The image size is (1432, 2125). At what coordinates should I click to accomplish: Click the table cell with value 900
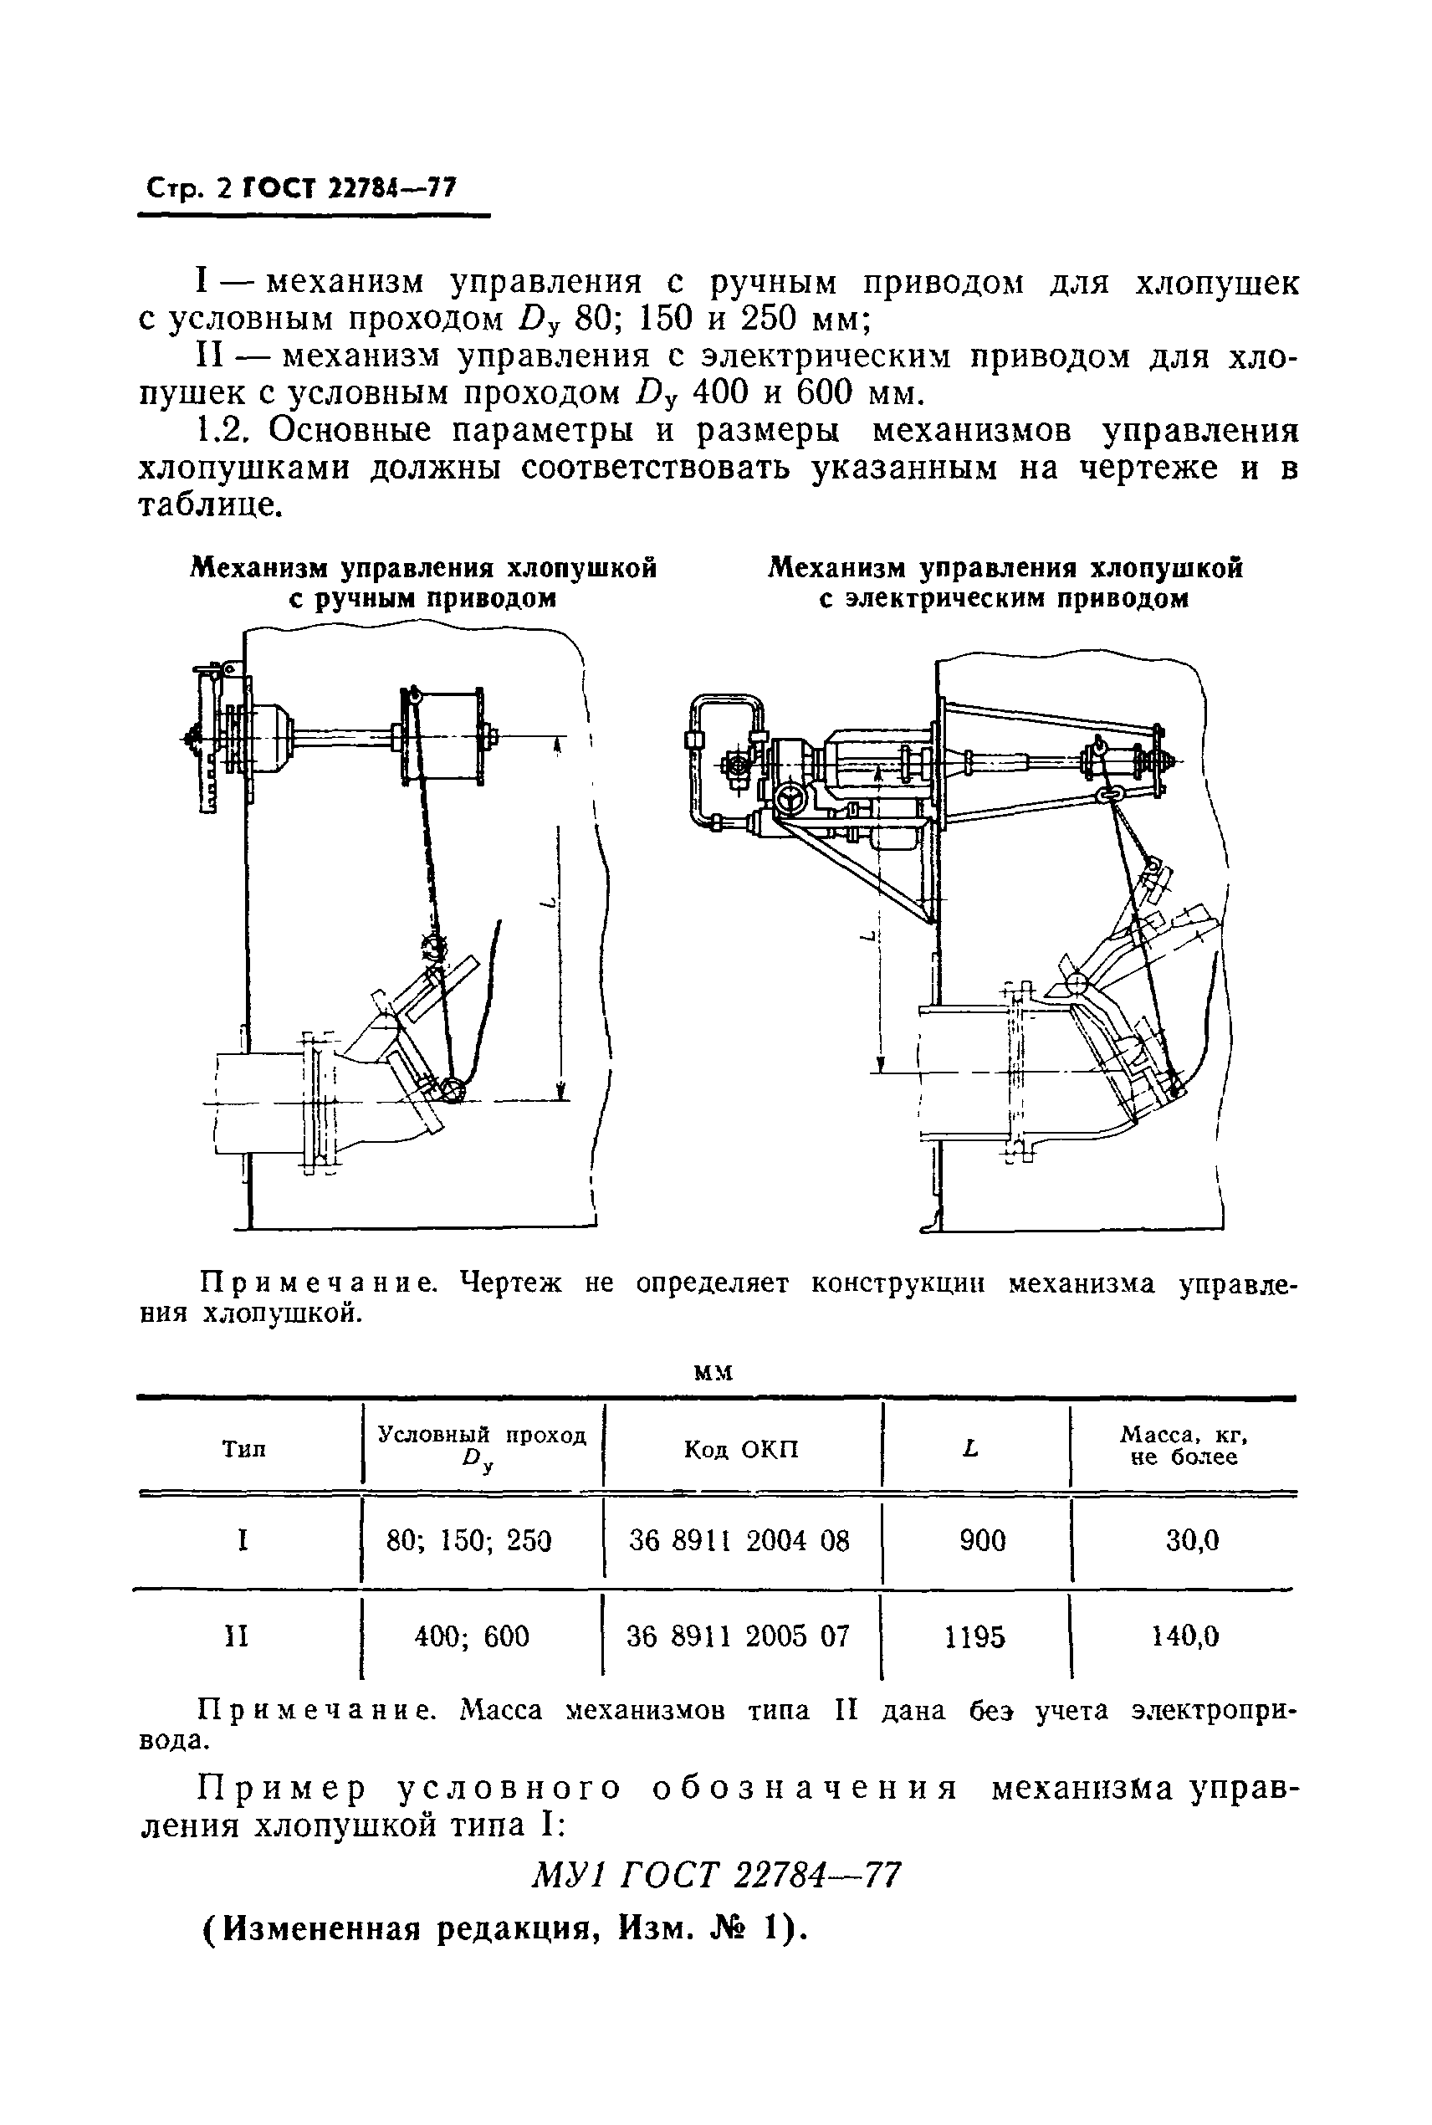pyautogui.click(x=982, y=1542)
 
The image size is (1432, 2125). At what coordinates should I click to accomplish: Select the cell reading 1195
pyautogui.click(x=975, y=1636)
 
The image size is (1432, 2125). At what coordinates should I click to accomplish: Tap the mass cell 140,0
pyautogui.click(x=1184, y=1636)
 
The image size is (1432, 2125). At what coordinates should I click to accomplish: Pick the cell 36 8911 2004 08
pyautogui.click(x=739, y=1542)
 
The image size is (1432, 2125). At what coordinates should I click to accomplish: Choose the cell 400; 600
pyautogui.click(x=471, y=1636)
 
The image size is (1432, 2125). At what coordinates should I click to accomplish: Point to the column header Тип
pyautogui.click(x=244, y=1449)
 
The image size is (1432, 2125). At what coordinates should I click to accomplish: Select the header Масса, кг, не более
pyautogui.click(x=1184, y=1447)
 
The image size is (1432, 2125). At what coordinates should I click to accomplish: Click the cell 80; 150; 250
pyautogui.click(x=469, y=1542)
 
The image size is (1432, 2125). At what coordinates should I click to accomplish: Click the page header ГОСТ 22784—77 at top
pyautogui.click(x=348, y=188)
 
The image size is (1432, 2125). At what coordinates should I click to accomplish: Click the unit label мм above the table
pyautogui.click(x=713, y=1373)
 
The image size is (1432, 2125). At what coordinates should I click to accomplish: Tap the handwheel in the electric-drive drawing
pyautogui.click(x=791, y=797)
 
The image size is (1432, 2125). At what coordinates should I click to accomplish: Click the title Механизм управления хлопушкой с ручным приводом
pyautogui.click(x=423, y=582)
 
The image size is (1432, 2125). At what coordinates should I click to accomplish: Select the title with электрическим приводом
pyautogui.click(x=1005, y=582)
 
